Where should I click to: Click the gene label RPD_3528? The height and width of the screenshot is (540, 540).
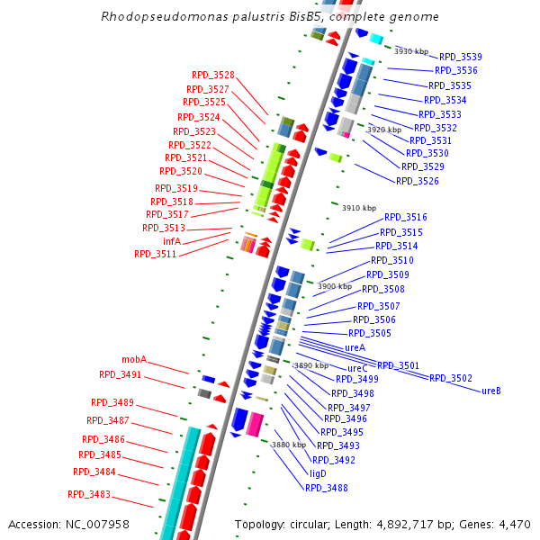click(x=212, y=75)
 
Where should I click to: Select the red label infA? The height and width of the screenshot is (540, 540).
click(x=172, y=241)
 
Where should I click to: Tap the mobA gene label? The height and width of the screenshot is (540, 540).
click(x=134, y=359)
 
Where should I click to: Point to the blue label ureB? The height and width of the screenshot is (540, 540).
click(x=491, y=391)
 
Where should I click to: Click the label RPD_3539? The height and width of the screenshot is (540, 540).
click(x=460, y=57)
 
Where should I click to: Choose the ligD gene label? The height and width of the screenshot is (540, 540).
click(x=318, y=473)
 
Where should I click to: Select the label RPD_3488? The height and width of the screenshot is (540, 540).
click(x=326, y=488)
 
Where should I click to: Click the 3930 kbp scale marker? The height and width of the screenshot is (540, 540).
click(x=411, y=51)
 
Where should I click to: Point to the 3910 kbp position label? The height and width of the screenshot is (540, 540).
click(x=358, y=208)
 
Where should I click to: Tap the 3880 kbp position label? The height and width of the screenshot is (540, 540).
click(x=289, y=445)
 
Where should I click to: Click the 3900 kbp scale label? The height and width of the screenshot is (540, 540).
click(x=335, y=286)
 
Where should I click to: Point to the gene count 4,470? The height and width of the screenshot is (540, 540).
click(x=514, y=524)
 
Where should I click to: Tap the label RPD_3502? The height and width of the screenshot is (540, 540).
click(x=450, y=378)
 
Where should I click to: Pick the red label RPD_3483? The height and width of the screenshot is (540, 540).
click(x=89, y=494)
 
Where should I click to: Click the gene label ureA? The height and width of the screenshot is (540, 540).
click(x=355, y=347)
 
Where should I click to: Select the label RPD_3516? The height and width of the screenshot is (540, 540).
click(x=405, y=217)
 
